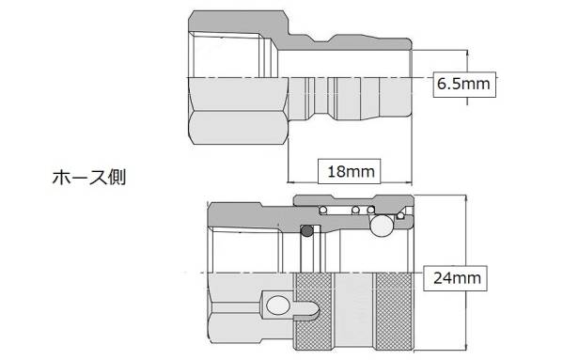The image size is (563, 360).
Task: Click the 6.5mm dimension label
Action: (463, 85)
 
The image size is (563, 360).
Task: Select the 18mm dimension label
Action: (351, 172)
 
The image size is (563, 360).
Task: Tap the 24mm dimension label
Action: (457, 278)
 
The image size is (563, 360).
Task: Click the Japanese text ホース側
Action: (89, 178)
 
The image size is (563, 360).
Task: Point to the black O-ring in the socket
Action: (307, 231)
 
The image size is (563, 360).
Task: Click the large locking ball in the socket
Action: (382, 226)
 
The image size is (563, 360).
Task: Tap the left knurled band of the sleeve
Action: (313, 311)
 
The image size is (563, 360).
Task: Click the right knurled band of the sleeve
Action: (394, 311)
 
